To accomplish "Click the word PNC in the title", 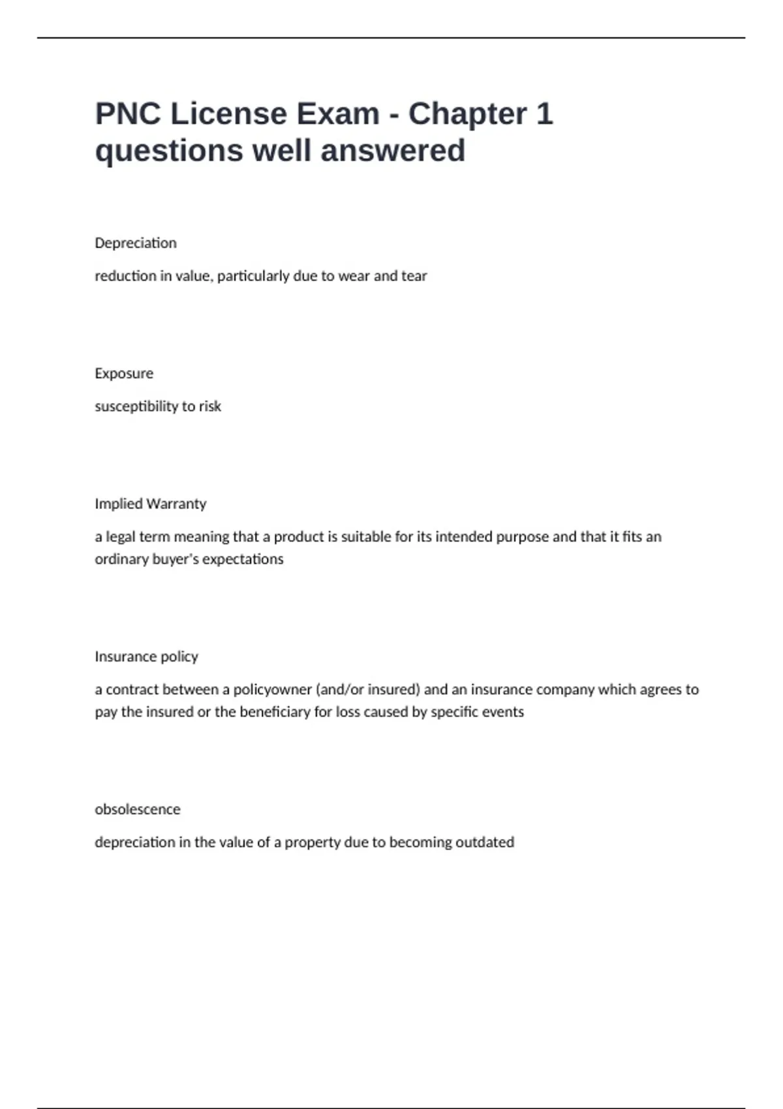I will pyautogui.click(x=128, y=114).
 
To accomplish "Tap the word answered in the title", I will pyautogui.click(x=393, y=151).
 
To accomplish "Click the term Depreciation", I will pyautogui.click(x=136, y=243).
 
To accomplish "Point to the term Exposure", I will pyautogui.click(x=124, y=374).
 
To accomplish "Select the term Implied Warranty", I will pyautogui.click(x=150, y=504).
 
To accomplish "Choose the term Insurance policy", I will pyautogui.click(x=146, y=656).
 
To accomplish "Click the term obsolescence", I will pyautogui.click(x=137, y=809).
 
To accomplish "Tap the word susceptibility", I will pyautogui.click(x=136, y=406).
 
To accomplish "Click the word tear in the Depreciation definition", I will pyautogui.click(x=414, y=276).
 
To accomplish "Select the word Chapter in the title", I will pyautogui.click(x=467, y=114).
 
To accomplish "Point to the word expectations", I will pyautogui.click(x=243, y=559).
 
